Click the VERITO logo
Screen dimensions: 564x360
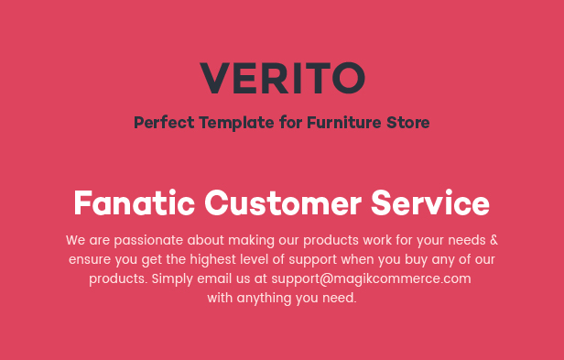tap(282, 78)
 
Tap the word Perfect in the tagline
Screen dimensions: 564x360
tap(164, 123)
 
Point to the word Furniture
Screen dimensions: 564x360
tap(344, 123)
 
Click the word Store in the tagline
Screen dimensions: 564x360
tap(408, 123)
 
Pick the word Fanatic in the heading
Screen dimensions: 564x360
tap(135, 203)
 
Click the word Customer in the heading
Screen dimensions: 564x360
tap(283, 203)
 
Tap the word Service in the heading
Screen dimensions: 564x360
tap(430, 203)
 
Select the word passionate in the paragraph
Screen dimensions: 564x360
tap(148, 241)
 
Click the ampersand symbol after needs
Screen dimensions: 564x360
tap(494, 240)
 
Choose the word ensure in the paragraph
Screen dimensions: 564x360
tap(90, 260)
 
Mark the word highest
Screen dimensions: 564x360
tap(213, 260)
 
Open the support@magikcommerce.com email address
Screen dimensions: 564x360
tap(371, 279)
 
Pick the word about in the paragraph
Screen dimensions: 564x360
tap(206, 240)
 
